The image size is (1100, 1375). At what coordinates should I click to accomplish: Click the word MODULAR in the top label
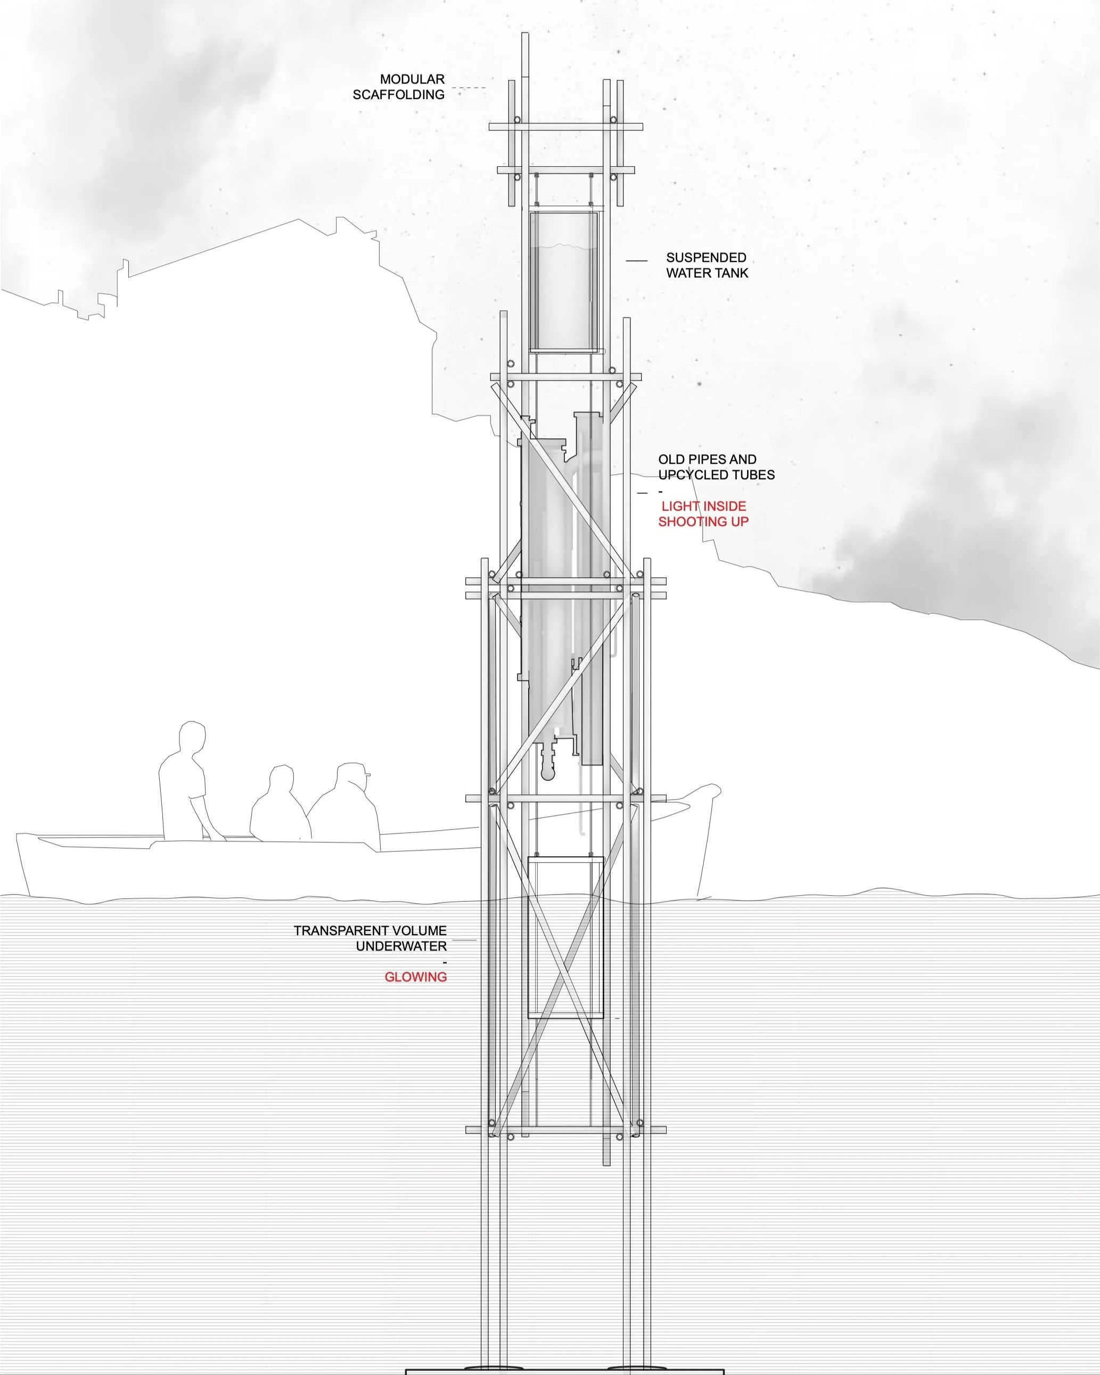tap(412, 80)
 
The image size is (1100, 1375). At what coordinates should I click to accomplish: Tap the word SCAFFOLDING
tap(399, 95)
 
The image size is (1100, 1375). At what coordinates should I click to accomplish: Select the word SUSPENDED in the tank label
tap(706, 258)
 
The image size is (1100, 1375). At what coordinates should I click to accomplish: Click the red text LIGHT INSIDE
tap(703, 506)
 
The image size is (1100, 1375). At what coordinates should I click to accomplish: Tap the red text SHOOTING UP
tap(703, 522)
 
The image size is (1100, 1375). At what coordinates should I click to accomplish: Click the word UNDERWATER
tap(401, 946)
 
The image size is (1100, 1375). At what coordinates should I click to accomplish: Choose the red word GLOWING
tap(415, 977)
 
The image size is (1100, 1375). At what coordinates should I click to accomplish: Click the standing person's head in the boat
tap(192, 738)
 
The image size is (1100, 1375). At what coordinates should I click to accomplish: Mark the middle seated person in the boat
tap(278, 807)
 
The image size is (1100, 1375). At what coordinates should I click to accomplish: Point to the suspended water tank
tap(564, 282)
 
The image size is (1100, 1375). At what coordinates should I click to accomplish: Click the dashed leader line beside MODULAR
tap(469, 87)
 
